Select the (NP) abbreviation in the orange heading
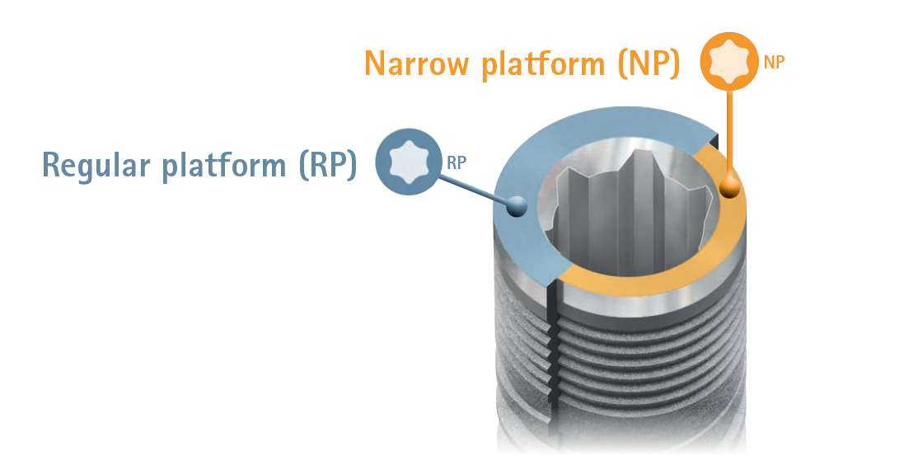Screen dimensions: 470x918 pyautogui.click(x=647, y=64)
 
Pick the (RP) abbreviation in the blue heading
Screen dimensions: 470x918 pyautogui.click(x=327, y=165)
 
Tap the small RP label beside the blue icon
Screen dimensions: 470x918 pyautogui.click(x=457, y=163)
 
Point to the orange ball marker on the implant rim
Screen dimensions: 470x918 pyautogui.click(x=728, y=190)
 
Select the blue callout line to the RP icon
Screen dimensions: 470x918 pyautogui.click(x=470, y=188)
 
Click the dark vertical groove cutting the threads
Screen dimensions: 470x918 pyautogui.click(x=553, y=363)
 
